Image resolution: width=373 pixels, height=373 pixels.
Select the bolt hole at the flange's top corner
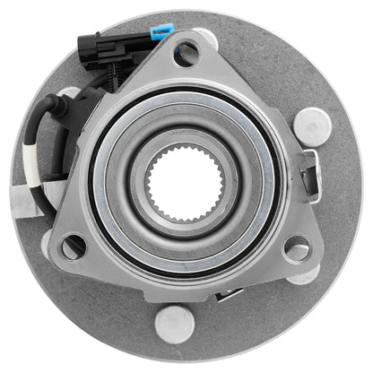tap(186, 56)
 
